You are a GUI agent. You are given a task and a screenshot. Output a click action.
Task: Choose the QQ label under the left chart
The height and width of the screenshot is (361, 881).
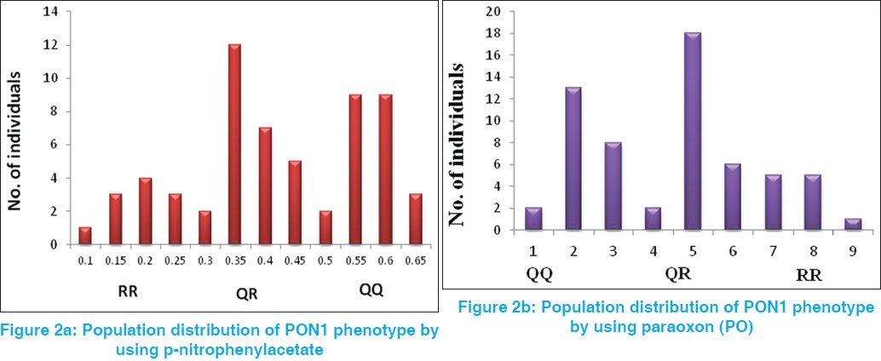pyautogui.click(x=371, y=290)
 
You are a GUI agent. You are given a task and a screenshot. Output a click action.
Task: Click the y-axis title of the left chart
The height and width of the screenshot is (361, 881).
pyautogui.click(x=16, y=129)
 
